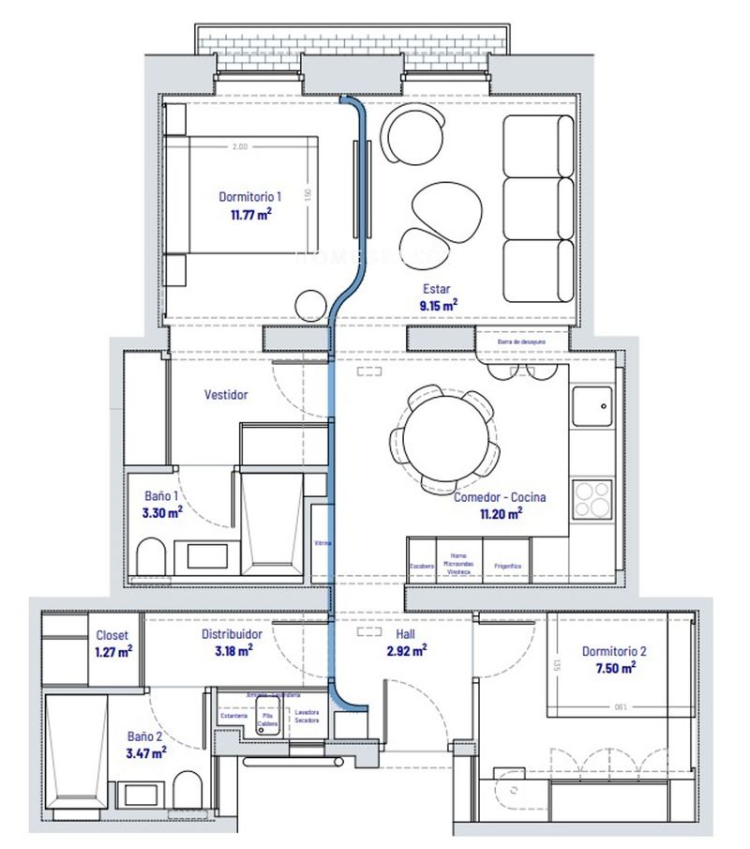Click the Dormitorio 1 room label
(250, 197)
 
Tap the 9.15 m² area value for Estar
(437, 305)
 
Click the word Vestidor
(226, 395)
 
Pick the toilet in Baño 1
(150, 555)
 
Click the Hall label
(405, 634)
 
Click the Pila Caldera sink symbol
(266, 710)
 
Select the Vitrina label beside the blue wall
(322, 543)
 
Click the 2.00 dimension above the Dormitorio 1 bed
(240, 146)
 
